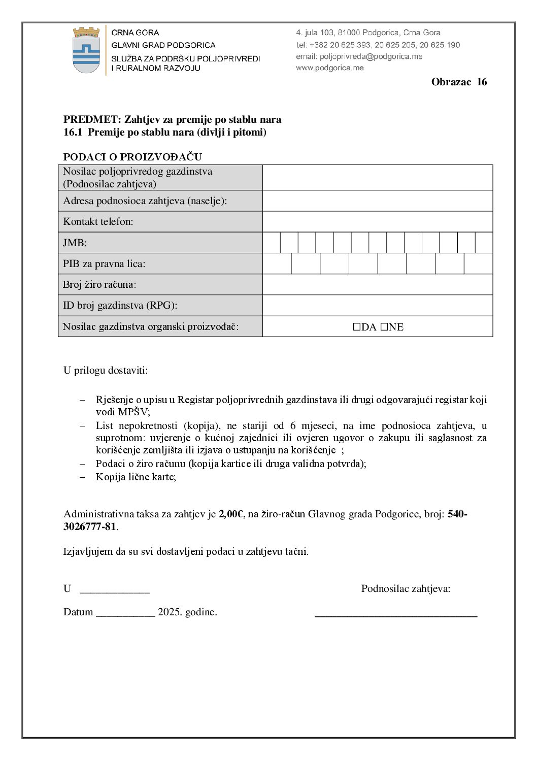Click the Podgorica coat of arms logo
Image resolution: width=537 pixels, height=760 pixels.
click(86, 50)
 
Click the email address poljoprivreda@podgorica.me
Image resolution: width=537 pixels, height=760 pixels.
click(371, 57)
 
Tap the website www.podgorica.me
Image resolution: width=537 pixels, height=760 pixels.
click(330, 68)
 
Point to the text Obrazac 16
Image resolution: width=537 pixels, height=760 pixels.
click(459, 82)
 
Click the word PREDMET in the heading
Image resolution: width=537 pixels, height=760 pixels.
click(92, 120)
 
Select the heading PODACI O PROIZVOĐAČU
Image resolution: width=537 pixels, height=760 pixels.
click(132, 157)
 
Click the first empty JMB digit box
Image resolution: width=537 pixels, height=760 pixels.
click(272, 243)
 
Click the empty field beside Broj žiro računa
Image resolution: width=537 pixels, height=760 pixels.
click(377, 284)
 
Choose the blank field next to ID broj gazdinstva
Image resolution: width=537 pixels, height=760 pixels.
click(377, 306)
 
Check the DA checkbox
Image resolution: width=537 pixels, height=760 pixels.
click(357, 327)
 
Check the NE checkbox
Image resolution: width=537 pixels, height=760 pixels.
click(384, 327)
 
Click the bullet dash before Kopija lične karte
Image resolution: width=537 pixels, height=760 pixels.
click(82, 477)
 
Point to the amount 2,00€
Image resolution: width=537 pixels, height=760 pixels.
click(231, 514)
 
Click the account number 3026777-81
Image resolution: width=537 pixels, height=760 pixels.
click(90, 527)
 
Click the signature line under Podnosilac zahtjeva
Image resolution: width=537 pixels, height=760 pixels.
click(396, 615)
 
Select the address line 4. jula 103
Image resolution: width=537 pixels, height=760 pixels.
click(368, 33)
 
